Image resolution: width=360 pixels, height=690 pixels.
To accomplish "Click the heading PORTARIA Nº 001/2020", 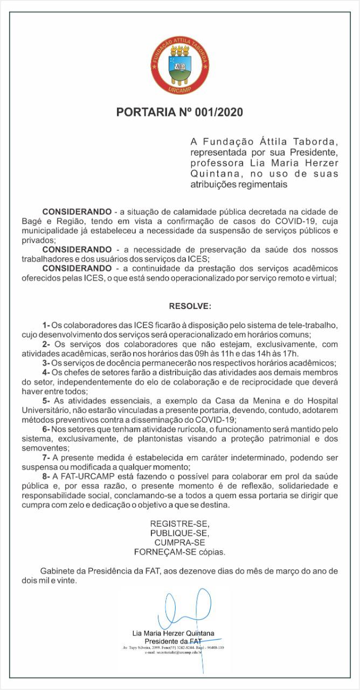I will point(180,113).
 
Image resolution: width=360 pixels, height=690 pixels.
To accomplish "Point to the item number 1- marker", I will point(46,325).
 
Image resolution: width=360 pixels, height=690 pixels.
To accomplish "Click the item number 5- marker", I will point(46,401).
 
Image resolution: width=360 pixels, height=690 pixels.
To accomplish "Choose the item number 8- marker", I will point(46,477).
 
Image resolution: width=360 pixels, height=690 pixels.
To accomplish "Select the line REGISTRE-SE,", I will point(179,524).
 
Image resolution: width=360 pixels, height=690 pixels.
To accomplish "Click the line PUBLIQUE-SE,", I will point(179,533).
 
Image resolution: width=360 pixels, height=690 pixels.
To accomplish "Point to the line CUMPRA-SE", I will point(179,542).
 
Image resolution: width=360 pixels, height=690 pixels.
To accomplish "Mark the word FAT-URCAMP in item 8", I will point(80,477).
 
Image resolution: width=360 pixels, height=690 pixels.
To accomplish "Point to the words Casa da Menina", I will point(245,401).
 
